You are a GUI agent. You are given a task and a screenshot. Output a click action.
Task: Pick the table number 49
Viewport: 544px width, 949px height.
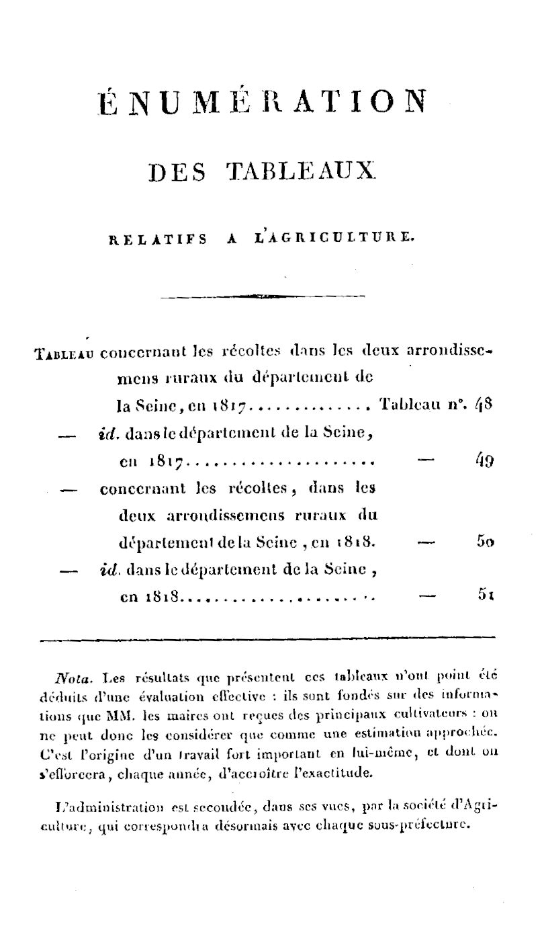pyautogui.click(x=484, y=460)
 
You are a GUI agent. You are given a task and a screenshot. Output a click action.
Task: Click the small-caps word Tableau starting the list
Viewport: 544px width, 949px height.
pyautogui.click(x=64, y=352)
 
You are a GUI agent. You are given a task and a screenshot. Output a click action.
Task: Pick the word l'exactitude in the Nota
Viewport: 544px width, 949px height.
pyautogui.click(x=340, y=772)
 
